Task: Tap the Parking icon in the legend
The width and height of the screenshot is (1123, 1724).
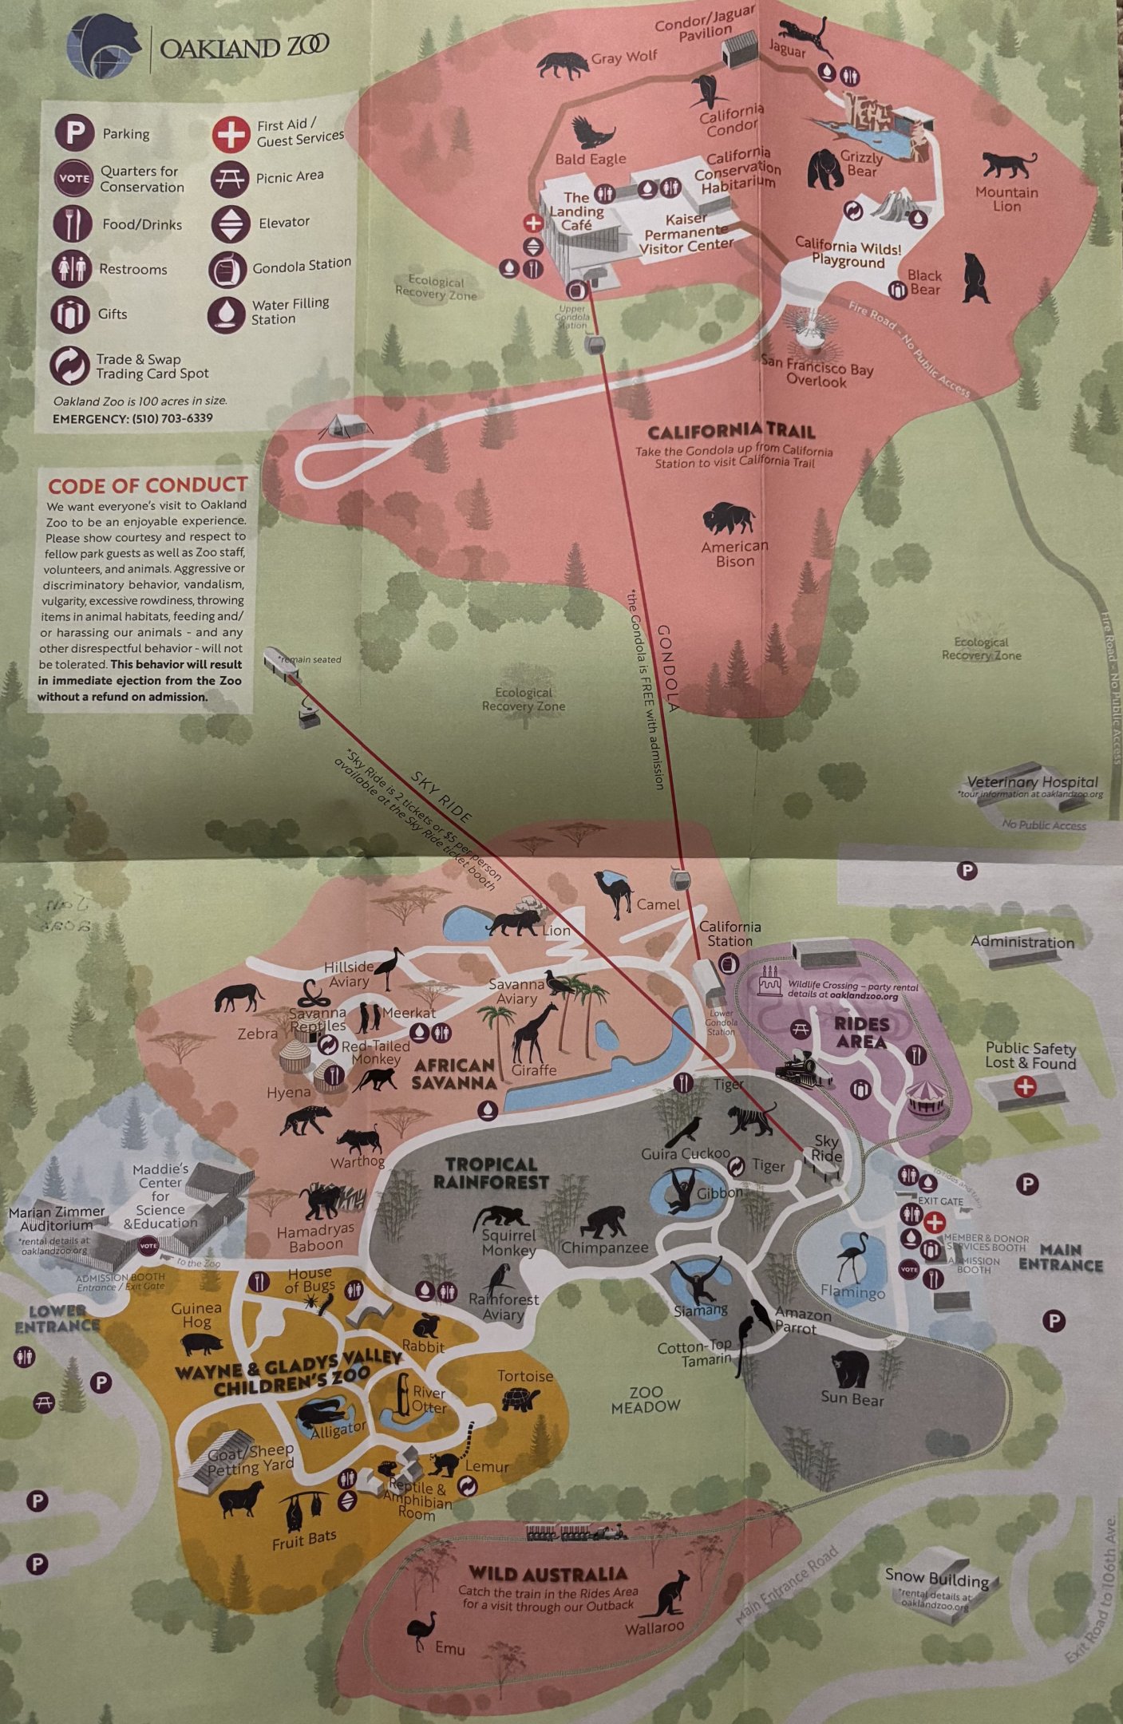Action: tap(74, 132)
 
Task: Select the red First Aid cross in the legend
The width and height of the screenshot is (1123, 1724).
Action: tap(231, 133)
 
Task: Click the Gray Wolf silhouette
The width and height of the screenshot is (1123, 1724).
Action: tap(562, 65)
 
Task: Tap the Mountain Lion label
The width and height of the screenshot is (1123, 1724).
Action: tap(1006, 199)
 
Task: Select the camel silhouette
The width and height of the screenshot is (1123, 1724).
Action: tap(615, 893)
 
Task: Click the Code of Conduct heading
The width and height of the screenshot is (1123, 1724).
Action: tap(147, 485)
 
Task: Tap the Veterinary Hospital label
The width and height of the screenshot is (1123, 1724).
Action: tap(1032, 782)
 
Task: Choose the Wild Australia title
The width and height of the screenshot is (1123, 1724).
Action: tap(548, 1574)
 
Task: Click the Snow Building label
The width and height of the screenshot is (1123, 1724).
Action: tap(936, 1577)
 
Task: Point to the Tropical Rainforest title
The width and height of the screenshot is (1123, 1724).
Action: tap(491, 1173)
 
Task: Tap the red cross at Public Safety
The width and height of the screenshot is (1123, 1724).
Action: tap(1025, 1085)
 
